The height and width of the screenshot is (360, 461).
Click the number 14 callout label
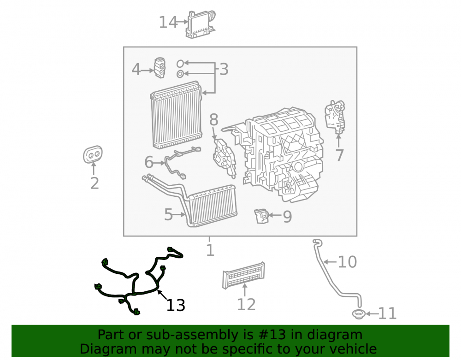point(168,22)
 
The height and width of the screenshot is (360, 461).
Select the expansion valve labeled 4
point(160,68)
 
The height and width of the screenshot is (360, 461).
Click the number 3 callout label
point(224,69)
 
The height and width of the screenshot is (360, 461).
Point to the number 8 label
point(214,119)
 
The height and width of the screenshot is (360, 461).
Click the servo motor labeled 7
point(335,117)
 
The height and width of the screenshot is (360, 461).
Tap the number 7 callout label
point(340,155)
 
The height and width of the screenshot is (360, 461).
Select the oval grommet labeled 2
point(93,154)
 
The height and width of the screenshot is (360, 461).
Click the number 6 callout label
point(149,162)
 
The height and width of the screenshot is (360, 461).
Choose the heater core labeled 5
point(206,203)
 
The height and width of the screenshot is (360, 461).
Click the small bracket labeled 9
point(261,216)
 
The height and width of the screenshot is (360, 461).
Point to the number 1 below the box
point(210,250)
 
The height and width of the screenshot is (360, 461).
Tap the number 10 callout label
point(347,261)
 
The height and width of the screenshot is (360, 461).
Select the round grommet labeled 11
point(359,314)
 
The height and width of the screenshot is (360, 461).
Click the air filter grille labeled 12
point(243,275)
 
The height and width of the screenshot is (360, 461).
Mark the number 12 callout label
point(246,305)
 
